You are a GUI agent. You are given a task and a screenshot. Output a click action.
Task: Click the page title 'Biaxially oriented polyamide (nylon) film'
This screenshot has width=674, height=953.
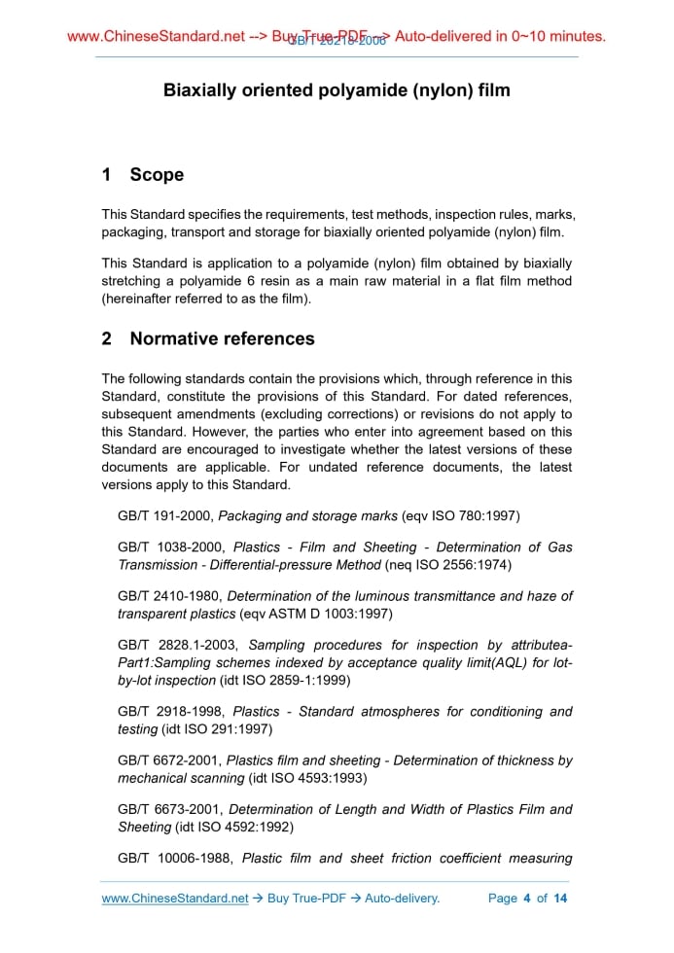[x=337, y=90]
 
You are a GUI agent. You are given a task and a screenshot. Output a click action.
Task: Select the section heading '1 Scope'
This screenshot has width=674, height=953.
[x=143, y=175]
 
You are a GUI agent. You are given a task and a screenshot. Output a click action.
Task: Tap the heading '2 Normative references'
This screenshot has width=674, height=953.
[x=208, y=338]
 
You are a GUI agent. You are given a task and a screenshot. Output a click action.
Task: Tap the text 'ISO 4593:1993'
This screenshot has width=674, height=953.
[x=315, y=778]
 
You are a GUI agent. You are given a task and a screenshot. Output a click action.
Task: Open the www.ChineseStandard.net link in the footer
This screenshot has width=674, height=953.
[x=175, y=899]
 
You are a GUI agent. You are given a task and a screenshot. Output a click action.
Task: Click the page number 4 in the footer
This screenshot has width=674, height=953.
[x=526, y=899]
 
